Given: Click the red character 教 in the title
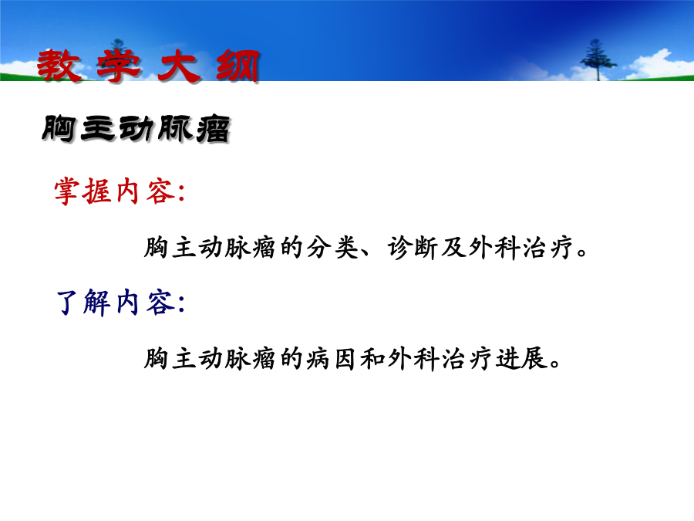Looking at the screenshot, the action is point(59,66).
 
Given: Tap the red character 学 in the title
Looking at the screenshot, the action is point(119,66).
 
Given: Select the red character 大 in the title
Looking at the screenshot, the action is point(179,66).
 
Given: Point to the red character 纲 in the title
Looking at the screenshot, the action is point(238,66).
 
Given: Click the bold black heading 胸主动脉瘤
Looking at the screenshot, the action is point(136,130).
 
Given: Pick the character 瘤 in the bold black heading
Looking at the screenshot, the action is point(214,130).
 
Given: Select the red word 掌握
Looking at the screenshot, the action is point(83,191).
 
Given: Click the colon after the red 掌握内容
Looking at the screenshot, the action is point(180,194).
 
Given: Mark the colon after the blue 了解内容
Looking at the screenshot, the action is point(180,305).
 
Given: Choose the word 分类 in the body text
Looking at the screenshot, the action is point(332,247).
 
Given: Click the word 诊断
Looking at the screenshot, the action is point(413,247).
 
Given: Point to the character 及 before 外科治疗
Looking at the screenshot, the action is point(453,247).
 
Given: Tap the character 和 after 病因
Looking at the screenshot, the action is point(372,358).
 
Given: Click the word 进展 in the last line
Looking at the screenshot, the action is point(520,358).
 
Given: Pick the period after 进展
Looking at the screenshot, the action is point(554,364).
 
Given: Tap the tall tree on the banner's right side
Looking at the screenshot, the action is point(597,59).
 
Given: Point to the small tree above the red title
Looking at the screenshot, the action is point(118,46).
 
